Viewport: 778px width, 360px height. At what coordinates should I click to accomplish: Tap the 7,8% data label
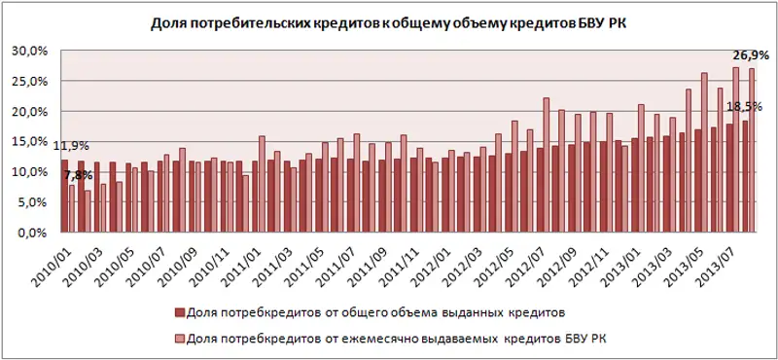pyautogui.click(x=79, y=175)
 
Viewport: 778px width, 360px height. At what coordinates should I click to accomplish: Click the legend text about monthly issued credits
pyautogui.click(x=400, y=337)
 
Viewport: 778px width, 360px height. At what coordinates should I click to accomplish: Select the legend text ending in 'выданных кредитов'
pyautogui.click(x=373, y=313)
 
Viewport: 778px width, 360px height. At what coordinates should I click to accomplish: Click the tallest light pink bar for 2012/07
pyautogui.click(x=547, y=165)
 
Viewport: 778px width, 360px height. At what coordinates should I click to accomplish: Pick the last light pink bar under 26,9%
pyautogui.click(x=752, y=151)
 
